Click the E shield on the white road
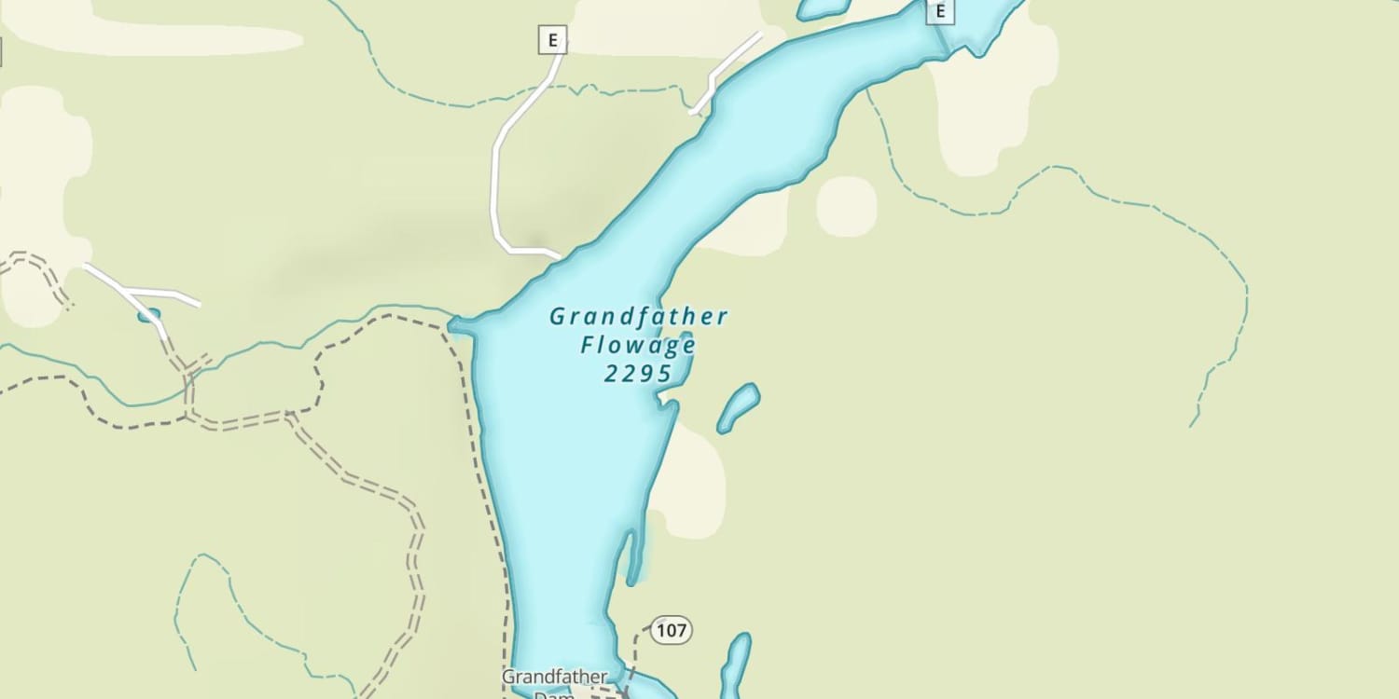click(552, 40)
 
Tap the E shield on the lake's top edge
click(940, 11)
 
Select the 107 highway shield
click(671, 631)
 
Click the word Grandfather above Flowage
click(638, 317)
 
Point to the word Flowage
click(638, 346)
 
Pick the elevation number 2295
click(638, 374)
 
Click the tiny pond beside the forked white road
click(148, 316)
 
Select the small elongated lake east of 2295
click(738, 407)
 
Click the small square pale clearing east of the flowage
click(847, 206)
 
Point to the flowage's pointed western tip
click(453, 324)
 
